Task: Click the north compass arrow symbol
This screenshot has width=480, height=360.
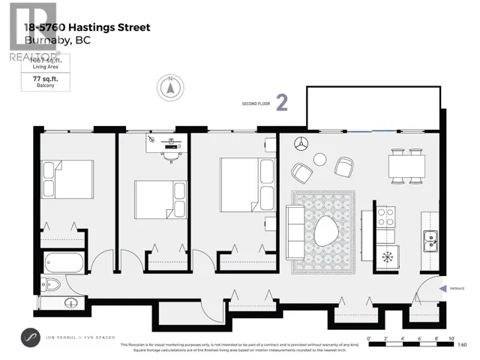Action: click(170, 87)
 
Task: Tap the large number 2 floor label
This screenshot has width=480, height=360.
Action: click(282, 103)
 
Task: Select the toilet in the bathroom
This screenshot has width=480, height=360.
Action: click(47, 284)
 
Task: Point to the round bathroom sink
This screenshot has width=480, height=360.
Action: click(71, 303)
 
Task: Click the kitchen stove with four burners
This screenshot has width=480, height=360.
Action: click(385, 217)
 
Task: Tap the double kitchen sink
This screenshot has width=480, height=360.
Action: click(430, 241)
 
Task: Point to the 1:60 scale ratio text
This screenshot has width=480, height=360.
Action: click(461, 344)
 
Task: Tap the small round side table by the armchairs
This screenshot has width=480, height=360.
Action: click(319, 158)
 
